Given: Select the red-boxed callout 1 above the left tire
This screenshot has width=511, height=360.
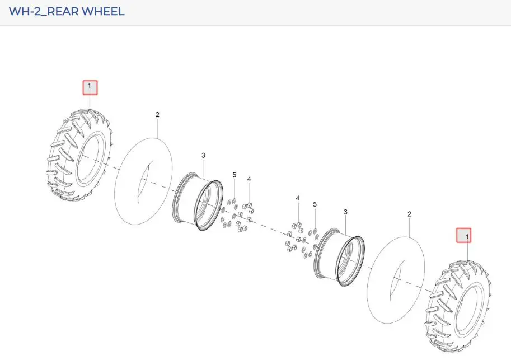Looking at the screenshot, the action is [90, 88].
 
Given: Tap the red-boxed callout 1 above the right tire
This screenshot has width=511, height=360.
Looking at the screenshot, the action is [463, 235].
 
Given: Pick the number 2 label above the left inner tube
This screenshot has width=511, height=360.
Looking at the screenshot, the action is [157, 115].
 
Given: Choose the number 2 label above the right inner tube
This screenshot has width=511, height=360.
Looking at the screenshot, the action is [409, 214].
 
